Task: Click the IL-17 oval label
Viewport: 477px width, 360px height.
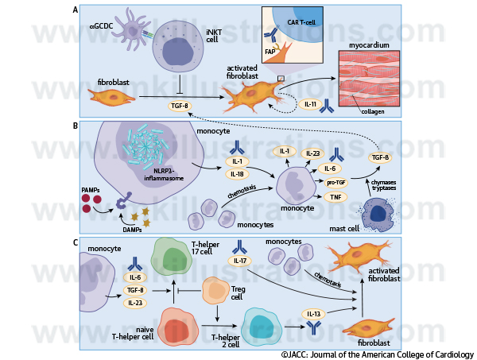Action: point(238,260)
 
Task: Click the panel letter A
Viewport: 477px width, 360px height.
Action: point(75,10)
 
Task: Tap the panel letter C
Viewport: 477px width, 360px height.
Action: point(75,242)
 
